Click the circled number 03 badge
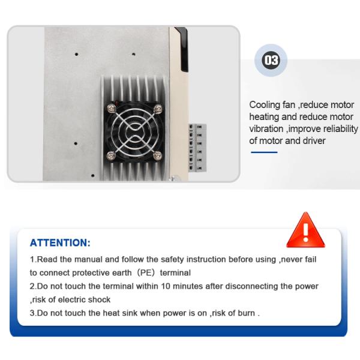271,61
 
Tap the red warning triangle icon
305,231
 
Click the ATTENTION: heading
60,243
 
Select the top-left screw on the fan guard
111,108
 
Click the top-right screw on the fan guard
158,108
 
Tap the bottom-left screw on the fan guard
111,155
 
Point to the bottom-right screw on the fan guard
158,155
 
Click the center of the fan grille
134,132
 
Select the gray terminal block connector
197,147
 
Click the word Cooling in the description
265,105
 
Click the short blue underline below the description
263,152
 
